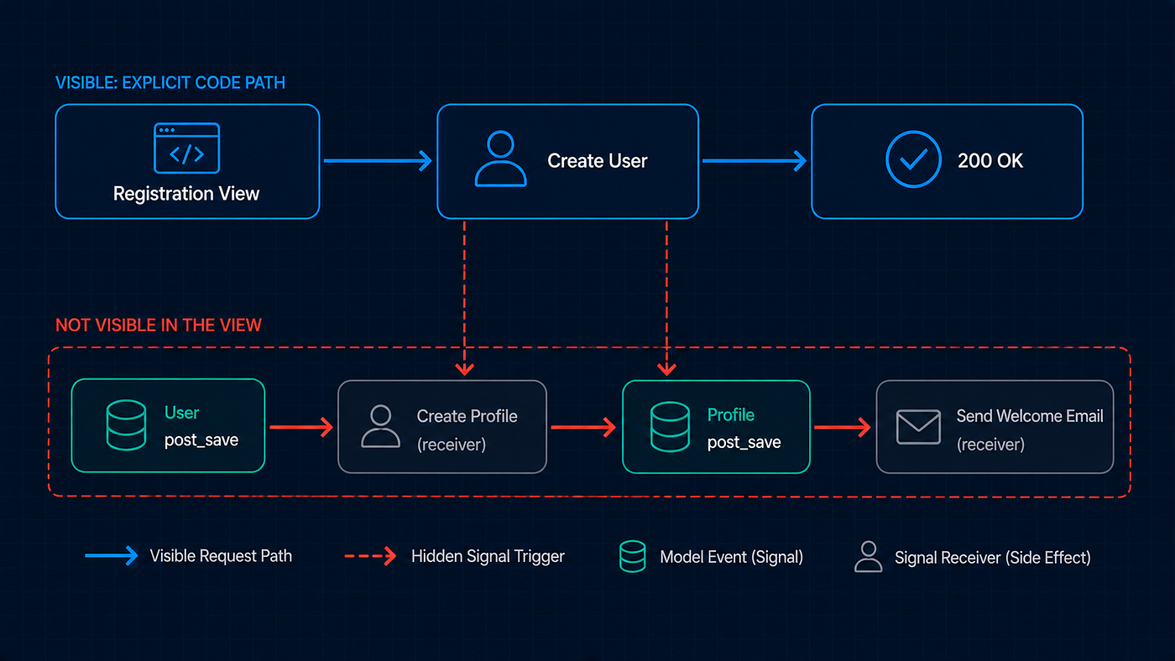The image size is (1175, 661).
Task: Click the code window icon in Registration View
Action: point(186,148)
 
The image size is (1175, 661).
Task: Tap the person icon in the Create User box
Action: point(500,159)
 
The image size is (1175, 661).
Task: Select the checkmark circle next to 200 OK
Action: point(913,159)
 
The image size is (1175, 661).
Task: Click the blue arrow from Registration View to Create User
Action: point(378,160)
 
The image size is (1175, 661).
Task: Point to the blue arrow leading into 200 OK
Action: point(755,160)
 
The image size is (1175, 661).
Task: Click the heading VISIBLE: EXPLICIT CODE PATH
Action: point(170,83)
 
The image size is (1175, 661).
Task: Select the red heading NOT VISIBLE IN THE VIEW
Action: point(159,325)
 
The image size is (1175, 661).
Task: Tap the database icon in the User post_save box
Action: point(126,425)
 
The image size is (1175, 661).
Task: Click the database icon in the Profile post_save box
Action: point(670,427)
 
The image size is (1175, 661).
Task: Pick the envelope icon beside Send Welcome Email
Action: point(918,427)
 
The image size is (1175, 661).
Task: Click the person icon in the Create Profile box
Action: point(380,426)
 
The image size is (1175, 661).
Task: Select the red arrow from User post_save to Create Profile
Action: point(301,427)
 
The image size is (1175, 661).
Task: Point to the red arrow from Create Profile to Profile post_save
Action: point(583,427)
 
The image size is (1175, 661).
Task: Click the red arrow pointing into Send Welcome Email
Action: point(843,427)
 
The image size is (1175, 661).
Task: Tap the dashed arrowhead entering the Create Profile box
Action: point(465,369)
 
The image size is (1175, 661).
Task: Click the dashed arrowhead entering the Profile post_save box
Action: point(666,369)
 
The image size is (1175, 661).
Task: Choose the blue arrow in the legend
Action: point(112,555)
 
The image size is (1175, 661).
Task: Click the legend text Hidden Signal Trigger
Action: point(488,556)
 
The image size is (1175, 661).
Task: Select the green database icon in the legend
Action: point(633,556)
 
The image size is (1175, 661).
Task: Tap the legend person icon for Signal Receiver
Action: point(868,557)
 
